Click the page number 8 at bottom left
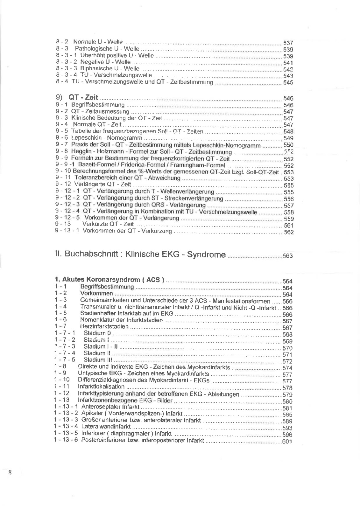coord(10,472)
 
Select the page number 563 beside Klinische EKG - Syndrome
coord(287,256)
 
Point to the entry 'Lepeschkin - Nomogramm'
coord(107,138)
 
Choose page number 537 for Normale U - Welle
coord(288,43)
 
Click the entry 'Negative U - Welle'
coord(105,62)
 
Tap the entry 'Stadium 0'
coord(97,333)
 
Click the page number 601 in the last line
coord(287,441)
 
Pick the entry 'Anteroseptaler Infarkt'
coord(110,407)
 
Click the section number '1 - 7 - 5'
coord(65,360)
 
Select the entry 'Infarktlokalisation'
coord(101,387)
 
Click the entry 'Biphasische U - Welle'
coord(109,68)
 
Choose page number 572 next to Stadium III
coord(287,361)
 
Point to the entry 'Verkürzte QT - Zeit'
coord(108,224)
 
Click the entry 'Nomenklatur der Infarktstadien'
coord(121,320)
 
